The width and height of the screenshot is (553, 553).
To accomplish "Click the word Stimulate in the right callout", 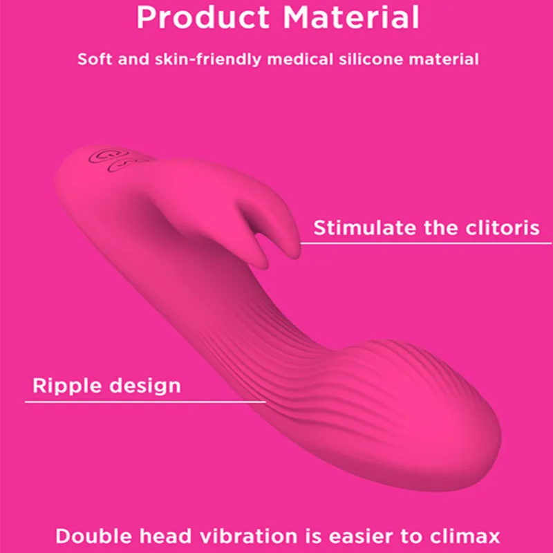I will click(365, 227).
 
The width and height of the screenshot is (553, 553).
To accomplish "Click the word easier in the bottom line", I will click(350, 536).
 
